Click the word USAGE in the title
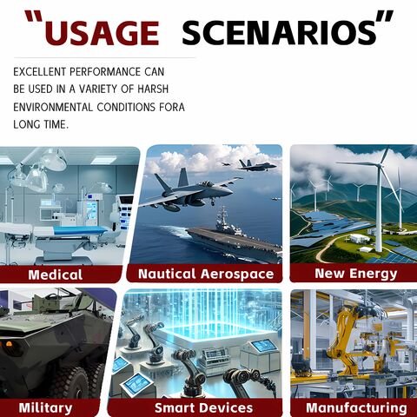click(102, 33)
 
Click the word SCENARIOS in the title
click(280, 33)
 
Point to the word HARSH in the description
click(153, 89)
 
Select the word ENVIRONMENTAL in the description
click(53, 107)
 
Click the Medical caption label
click(56, 275)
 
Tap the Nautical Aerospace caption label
click(206, 274)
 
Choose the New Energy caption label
click(356, 274)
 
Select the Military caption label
click(45, 408)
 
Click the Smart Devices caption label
click(203, 407)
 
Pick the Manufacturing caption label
click(356, 407)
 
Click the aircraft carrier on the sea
click(234, 237)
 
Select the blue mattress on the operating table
click(81, 230)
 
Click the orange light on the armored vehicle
click(9, 344)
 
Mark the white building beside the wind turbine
click(360, 238)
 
